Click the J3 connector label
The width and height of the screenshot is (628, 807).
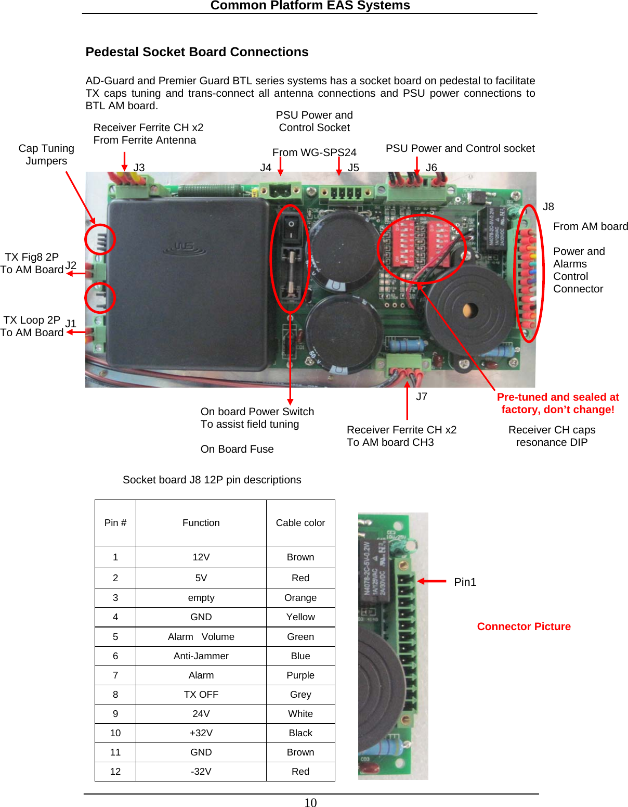pos(139,168)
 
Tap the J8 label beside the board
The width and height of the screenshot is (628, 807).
pos(548,207)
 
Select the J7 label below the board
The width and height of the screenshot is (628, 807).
pos(421,396)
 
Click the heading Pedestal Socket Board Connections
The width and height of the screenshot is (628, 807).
pos(197,52)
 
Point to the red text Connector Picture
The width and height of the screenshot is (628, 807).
pos(524,626)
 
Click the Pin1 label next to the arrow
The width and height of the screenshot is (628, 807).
pos(465,582)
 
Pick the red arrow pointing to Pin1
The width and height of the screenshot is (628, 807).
pos(431,581)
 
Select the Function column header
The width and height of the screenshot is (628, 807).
pos(201,523)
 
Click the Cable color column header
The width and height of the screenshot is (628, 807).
pos(300,523)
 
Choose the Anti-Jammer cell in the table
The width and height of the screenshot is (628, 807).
pos(201,656)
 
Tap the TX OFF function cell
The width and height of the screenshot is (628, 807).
pos(201,695)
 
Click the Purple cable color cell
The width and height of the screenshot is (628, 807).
pos(300,675)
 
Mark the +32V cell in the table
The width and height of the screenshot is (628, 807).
pos(201,733)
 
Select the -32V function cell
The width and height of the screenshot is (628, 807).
pos(201,772)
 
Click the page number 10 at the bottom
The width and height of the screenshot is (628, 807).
pos(310,802)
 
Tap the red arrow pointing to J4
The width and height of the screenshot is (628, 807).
pos(280,166)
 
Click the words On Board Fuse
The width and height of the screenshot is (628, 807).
pos(237,449)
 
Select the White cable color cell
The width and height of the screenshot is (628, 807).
pos(300,714)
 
